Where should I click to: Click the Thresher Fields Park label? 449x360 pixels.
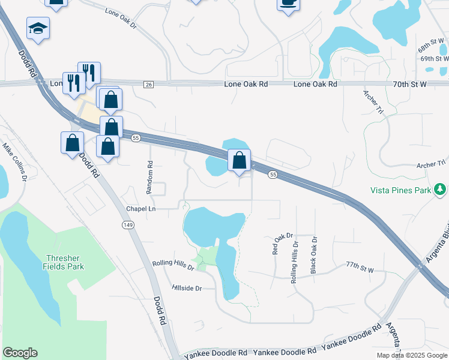tap(64, 262)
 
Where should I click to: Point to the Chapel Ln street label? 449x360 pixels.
tap(140, 208)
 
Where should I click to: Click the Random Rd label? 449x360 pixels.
tap(150, 177)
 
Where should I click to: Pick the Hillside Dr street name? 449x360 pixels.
tap(186, 288)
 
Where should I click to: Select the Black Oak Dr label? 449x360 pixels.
tap(313, 255)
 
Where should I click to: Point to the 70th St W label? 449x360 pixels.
tap(411, 85)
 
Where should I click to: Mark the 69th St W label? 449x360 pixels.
tap(435, 59)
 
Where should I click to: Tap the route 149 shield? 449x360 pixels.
tap(127, 224)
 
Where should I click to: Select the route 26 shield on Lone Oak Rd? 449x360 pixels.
tap(148, 85)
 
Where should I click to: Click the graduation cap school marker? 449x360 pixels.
tap(38, 28)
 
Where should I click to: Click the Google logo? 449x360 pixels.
tap(20, 353)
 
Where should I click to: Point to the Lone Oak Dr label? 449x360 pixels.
tap(121, 11)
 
